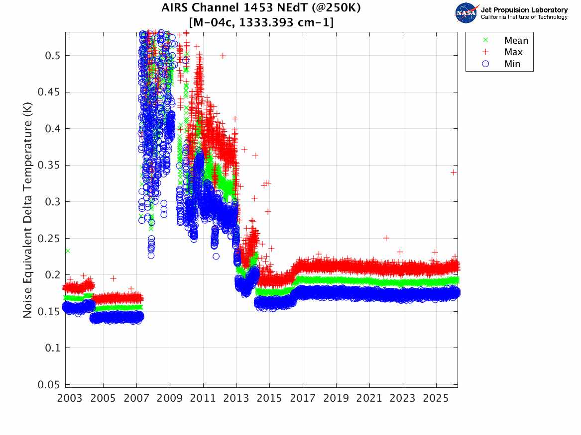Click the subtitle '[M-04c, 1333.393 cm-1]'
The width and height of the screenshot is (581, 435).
click(x=261, y=22)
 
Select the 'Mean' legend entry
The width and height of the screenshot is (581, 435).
click(x=516, y=41)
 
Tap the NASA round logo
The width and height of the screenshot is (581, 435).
click(x=466, y=13)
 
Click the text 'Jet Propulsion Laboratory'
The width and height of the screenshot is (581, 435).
click(x=524, y=10)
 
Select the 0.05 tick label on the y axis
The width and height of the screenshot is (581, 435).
click(x=49, y=384)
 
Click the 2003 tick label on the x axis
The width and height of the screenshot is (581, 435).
click(x=70, y=398)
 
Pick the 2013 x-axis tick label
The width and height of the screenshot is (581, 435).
click(x=236, y=398)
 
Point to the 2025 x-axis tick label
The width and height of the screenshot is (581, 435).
click(x=436, y=398)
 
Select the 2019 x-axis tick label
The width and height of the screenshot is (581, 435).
click(x=337, y=398)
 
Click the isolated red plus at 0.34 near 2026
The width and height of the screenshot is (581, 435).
click(x=454, y=172)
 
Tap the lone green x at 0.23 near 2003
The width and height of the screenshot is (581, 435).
click(x=68, y=251)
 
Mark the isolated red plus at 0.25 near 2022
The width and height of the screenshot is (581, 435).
click(x=386, y=238)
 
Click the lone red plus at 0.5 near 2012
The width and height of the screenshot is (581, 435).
click(x=223, y=56)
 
